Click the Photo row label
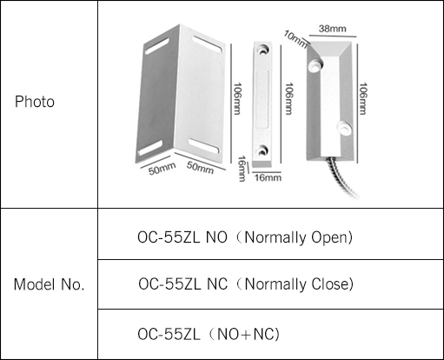click(x=35, y=102)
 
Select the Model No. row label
click(x=49, y=284)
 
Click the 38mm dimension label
click(x=333, y=29)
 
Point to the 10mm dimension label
click(x=295, y=39)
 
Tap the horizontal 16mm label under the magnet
click(x=268, y=177)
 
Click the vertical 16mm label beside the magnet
click(x=242, y=169)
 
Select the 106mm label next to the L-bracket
click(x=237, y=99)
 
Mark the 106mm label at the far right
click(x=363, y=99)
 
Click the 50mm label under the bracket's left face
click(x=162, y=169)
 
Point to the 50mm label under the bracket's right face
click(x=200, y=168)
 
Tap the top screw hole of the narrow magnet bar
click(x=263, y=50)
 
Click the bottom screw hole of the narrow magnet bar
click(x=262, y=150)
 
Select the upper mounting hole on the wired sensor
click(x=315, y=64)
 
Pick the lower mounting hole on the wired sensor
click(x=345, y=129)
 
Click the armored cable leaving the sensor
click(x=342, y=177)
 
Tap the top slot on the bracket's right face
click(x=208, y=44)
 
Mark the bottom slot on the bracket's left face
click(x=150, y=148)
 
